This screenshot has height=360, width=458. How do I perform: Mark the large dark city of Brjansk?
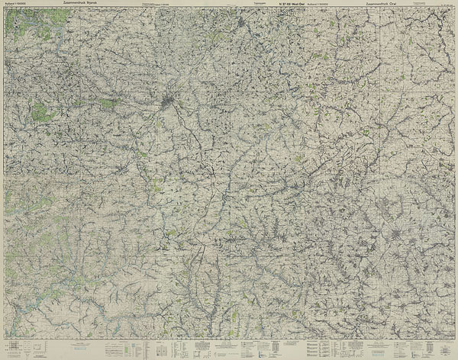170,99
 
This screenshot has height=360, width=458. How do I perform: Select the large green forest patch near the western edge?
44,113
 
